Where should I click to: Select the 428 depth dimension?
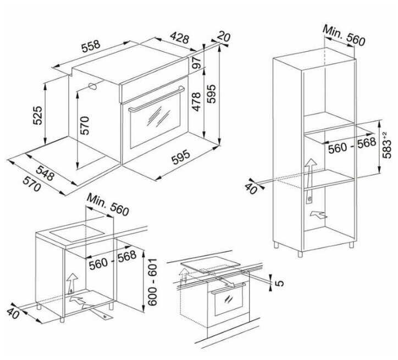179,39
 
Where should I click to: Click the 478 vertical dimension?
196,101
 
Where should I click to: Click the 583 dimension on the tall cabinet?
388,144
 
